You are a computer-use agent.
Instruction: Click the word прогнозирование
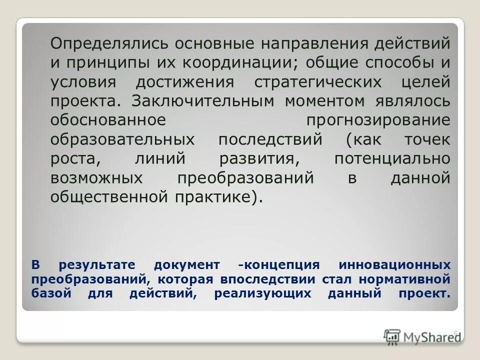click(x=378, y=120)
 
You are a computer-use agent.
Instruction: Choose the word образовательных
click(x=122, y=139)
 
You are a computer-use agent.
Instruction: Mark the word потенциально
click(x=392, y=158)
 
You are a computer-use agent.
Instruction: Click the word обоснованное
click(x=107, y=120)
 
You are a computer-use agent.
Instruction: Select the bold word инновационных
click(x=394, y=264)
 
